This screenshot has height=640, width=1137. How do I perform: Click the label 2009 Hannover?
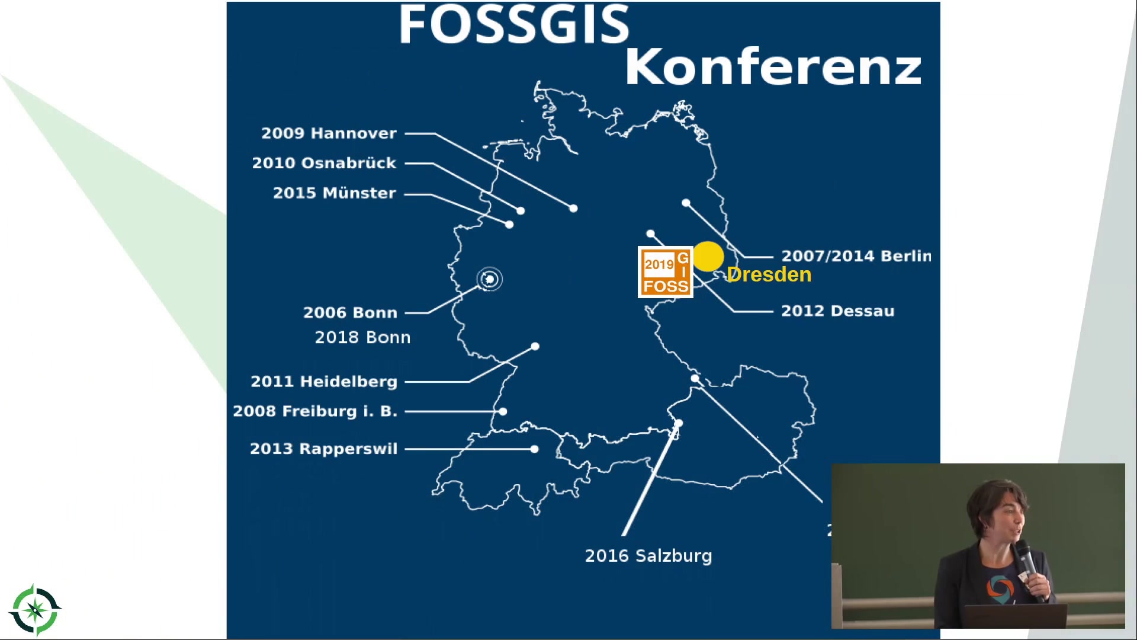point(329,133)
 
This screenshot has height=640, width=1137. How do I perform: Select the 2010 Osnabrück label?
point(324,163)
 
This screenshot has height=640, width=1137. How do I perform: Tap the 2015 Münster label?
point(334,193)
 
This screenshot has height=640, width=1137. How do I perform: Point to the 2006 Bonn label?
point(350,312)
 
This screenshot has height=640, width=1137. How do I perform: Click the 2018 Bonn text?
point(362,337)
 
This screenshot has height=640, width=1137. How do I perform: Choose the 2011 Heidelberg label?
point(324,382)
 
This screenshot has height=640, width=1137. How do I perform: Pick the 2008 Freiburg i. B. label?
point(315,411)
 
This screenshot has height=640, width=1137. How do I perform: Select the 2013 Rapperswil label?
point(323,449)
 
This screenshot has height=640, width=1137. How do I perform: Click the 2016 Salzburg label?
point(648,556)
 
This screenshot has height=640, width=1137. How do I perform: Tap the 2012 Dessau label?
point(838,311)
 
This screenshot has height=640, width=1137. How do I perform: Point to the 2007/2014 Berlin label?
point(856,256)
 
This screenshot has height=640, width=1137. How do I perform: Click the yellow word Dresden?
point(769,274)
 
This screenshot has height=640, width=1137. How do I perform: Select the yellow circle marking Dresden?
point(708,257)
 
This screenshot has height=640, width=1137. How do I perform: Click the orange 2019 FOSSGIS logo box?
point(666,272)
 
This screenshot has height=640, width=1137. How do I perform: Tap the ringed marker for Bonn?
point(489,279)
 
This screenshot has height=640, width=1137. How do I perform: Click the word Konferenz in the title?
point(773,67)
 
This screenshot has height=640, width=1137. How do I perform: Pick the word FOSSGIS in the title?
point(514,24)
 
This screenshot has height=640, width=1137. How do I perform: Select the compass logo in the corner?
point(35,610)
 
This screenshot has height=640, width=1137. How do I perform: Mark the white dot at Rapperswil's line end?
point(534,449)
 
